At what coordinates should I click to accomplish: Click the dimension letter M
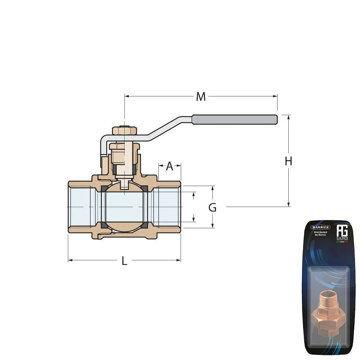201,96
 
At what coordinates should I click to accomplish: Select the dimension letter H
288,162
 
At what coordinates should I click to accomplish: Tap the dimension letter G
212,207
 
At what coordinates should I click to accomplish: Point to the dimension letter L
124,261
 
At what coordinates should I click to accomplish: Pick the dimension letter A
170,166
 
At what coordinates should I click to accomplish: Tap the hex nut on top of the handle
124,130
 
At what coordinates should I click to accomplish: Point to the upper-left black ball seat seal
104,189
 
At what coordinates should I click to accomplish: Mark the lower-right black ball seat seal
144,225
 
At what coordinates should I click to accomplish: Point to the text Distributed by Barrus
320,234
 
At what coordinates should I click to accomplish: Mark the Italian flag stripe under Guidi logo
342,242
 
